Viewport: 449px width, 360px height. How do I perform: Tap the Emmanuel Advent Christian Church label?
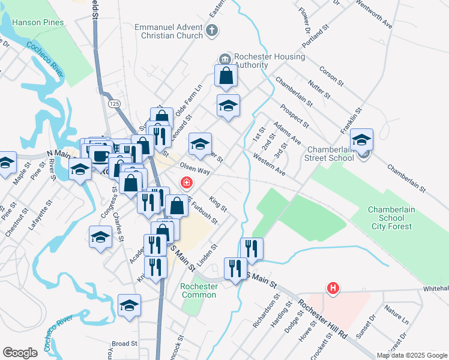169,31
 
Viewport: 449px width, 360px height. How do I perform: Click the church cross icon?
211,30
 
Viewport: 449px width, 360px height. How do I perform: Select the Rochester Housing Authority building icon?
225,58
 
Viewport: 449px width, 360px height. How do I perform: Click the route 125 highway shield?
115,104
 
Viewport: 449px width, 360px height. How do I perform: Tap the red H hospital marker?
333,289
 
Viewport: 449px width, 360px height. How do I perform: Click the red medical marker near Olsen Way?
187,182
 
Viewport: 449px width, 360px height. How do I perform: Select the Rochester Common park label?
199,290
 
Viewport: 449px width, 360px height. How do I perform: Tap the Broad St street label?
125,344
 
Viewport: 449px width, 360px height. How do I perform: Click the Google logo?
20,353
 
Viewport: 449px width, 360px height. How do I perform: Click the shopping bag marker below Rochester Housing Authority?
228,77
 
